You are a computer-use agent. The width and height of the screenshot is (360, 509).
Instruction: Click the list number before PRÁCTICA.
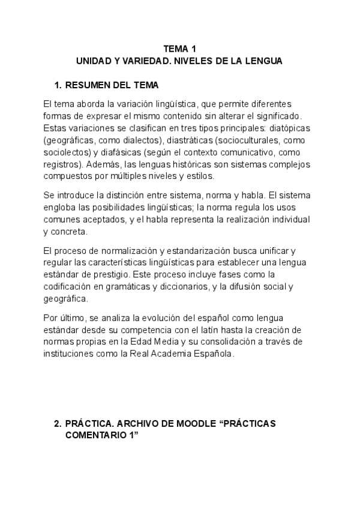(x=58, y=423)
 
